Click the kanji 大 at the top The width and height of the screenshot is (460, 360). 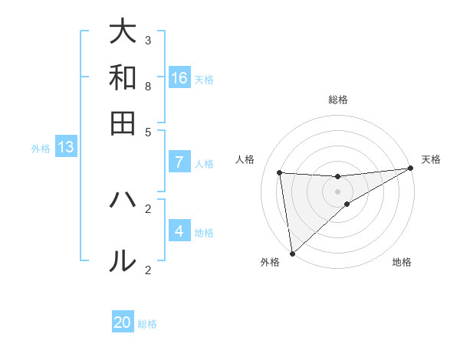123,32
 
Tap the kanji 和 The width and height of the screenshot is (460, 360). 123,77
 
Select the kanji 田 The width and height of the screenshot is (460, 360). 123,123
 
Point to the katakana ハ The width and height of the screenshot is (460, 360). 123,201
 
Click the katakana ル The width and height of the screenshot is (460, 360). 123,261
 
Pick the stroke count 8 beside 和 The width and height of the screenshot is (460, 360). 148,86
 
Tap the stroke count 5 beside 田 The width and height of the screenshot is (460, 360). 148,131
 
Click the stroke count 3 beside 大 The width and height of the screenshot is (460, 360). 148,41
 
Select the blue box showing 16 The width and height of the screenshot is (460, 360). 179,78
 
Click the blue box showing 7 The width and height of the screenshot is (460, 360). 179,162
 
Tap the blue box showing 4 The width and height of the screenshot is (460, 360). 179,231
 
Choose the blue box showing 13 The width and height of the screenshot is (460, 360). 66,148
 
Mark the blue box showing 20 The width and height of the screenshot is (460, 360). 123,322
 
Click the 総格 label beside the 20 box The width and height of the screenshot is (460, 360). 147,324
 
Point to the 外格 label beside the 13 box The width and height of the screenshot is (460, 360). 41,149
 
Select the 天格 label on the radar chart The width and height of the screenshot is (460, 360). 431,159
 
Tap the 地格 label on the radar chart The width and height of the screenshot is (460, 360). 402,263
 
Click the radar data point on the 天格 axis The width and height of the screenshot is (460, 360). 412,169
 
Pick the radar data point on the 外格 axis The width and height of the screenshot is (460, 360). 291,254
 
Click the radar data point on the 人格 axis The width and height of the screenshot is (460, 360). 280,172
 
